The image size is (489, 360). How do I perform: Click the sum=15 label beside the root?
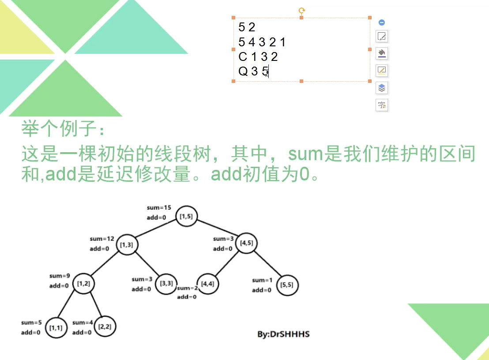click(x=159, y=207)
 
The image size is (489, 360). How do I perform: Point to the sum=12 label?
click(x=102, y=239)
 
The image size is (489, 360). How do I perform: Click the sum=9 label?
click(x=60, y=276)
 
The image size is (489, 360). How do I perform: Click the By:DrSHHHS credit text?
click(x=283, y=334)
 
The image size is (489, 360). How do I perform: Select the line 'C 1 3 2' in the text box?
click(x=258, y=56)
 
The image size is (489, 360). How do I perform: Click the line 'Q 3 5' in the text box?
click(x=253, y=71)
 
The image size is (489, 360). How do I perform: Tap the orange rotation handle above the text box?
click(x=302, y=11)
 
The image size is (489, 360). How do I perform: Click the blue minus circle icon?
click(x=382, y=22)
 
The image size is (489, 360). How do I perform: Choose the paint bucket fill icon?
click(x=382, y=53)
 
